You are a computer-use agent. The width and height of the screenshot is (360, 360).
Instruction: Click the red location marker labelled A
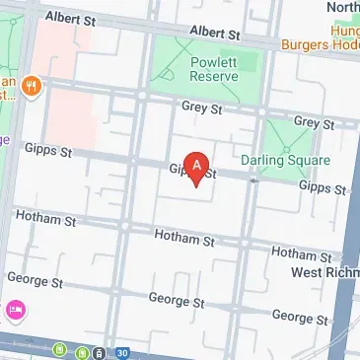tap(198, 169)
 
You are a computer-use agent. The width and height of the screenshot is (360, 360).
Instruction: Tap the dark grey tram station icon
tap(100, 352)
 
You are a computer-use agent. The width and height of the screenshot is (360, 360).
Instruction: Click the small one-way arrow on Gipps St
tap(255, 180)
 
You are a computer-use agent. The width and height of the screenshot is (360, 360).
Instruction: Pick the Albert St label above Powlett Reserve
tap(214, 33)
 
